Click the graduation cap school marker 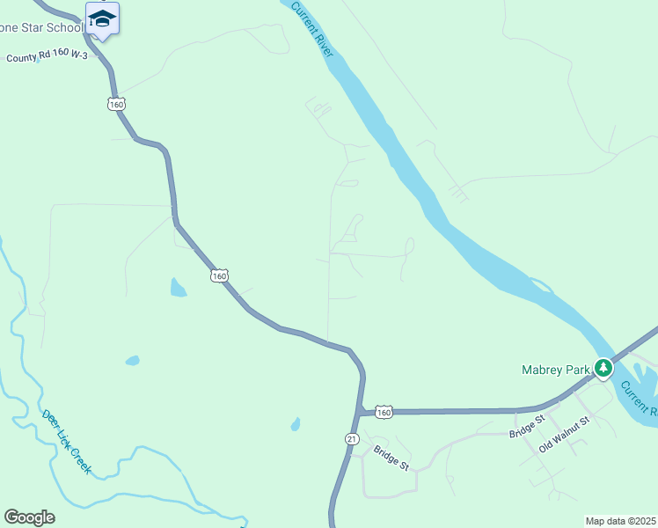102,18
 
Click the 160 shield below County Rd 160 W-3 117,104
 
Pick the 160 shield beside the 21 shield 383,411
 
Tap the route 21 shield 353,438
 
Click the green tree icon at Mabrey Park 603,368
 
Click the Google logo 29,517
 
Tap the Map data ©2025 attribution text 620,521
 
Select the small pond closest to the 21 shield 295,425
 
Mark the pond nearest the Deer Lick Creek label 132,360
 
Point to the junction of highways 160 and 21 359,411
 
